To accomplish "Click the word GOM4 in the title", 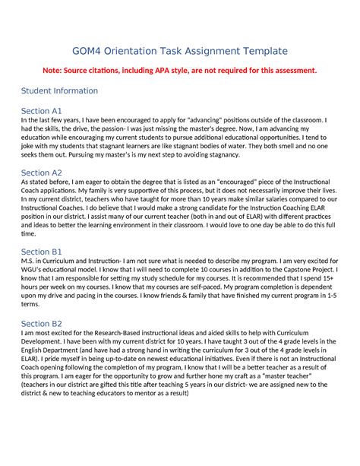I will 87,51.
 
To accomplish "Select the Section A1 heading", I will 42,110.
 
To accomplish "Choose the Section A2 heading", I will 42,173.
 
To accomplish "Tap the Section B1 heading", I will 42,252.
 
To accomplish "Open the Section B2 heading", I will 42,323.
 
